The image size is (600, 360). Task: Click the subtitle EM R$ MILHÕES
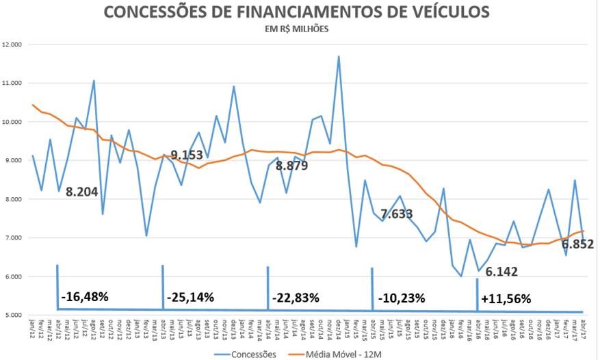click(296, 29)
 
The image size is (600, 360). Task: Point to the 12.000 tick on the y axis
click(13, 44)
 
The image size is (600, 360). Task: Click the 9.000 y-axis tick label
click(13, 161)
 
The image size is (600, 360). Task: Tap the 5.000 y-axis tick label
click(13, 316)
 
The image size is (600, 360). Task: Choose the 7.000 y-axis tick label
click(13, 238)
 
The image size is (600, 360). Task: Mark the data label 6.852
click(577, 244)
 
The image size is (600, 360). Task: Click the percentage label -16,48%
click(84, 298)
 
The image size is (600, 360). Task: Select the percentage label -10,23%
click(402, 298)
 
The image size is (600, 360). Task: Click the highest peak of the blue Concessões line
click(339, 57)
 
